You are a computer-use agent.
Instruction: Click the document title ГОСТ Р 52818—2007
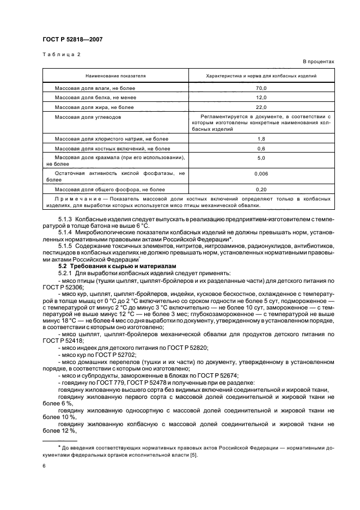click(x=72, y=39)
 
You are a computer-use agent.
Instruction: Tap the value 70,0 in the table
click(x=261, y=88)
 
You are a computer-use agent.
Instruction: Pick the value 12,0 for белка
click(x=261, y=98)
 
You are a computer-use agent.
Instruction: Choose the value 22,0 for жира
click(x=261, y=107)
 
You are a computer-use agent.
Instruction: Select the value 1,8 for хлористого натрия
click(x=261, y=139)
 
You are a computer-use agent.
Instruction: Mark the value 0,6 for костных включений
click(x=261, y=149)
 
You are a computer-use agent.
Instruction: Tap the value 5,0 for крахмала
click(x=261, y=158)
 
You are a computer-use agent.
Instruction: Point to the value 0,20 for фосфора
click(x=261, y=190)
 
